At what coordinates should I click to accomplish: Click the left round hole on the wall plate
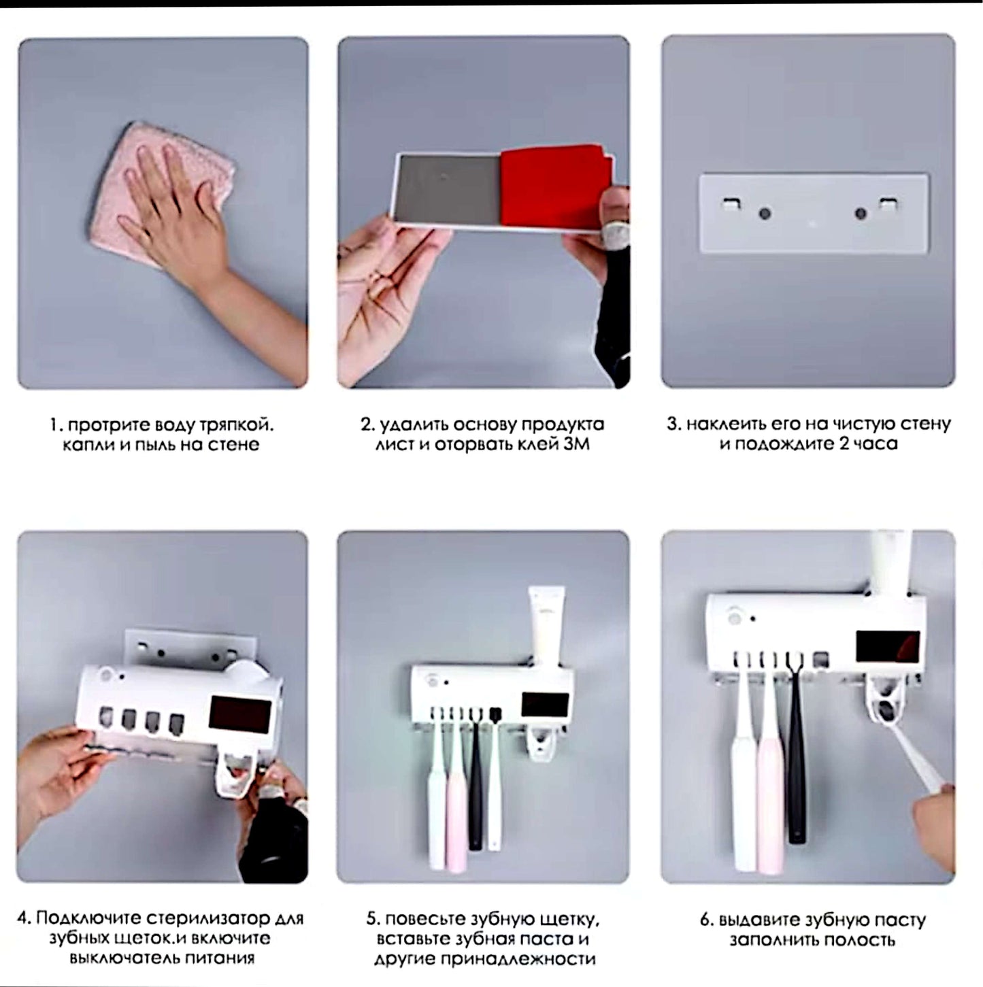click(x=765, y=213)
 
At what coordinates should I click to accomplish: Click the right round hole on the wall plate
click(x=861, y=213)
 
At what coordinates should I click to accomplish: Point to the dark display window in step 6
click(x=888, y=646)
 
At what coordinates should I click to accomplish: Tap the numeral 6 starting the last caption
click(x=704, y=920)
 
